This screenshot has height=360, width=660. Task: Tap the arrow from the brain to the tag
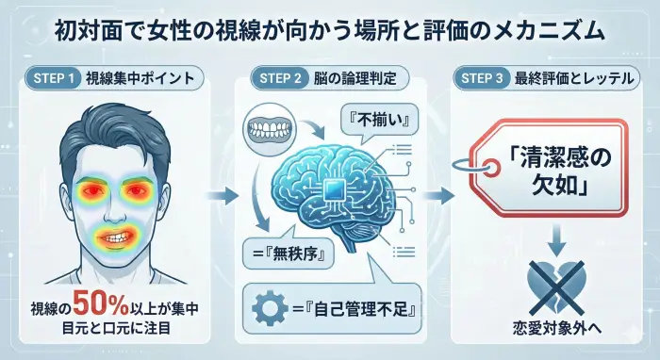(437, 196)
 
